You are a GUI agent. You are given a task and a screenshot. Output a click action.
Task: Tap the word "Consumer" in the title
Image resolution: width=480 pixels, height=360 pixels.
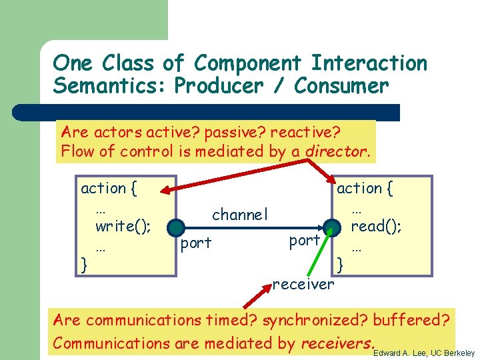coord(341,86)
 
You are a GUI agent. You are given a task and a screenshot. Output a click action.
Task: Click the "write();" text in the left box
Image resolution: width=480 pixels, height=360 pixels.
coord(123,226)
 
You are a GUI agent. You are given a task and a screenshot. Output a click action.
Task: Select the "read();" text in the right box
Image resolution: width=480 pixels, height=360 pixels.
coord(376,226)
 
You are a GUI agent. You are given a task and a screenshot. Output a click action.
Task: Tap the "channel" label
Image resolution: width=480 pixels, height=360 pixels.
coord(239,214)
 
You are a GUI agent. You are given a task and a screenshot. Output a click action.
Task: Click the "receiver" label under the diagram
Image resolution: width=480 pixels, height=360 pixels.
coord(303,285)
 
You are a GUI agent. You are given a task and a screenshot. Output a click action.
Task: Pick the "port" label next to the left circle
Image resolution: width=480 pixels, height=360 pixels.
coord(196,243)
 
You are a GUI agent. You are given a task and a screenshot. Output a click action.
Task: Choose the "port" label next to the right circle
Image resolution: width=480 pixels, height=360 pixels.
coord(305,241)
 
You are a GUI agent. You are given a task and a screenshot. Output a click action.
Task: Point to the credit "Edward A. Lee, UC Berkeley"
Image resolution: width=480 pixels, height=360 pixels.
coord(424,353)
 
